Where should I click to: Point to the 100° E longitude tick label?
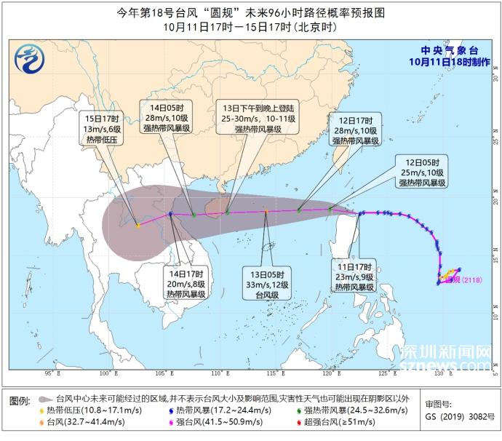click(110, 373)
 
